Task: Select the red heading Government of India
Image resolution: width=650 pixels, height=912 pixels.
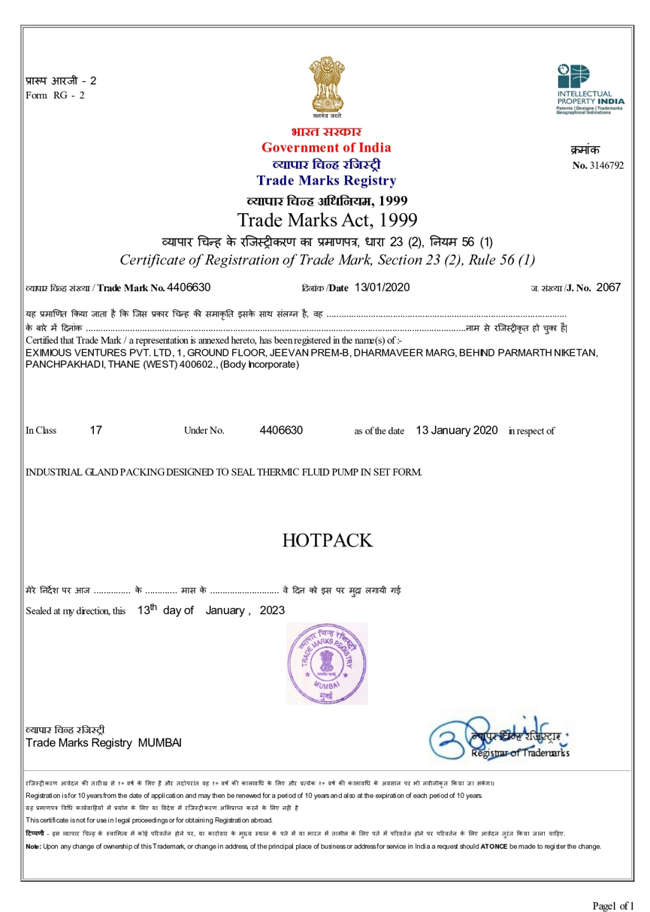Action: [325, 147]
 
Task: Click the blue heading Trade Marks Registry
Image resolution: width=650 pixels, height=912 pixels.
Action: [325, 180]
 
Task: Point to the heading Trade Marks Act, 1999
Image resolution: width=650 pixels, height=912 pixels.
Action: [326, 220]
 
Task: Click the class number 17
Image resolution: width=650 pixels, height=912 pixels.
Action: [95, 430]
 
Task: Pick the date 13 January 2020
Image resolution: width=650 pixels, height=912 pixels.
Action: [456, 430]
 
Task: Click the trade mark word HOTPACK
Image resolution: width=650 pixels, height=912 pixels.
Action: [327, 540]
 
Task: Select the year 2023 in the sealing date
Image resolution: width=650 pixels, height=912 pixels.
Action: [271, 610]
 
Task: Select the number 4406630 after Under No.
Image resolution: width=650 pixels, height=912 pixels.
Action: [281, 430]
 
